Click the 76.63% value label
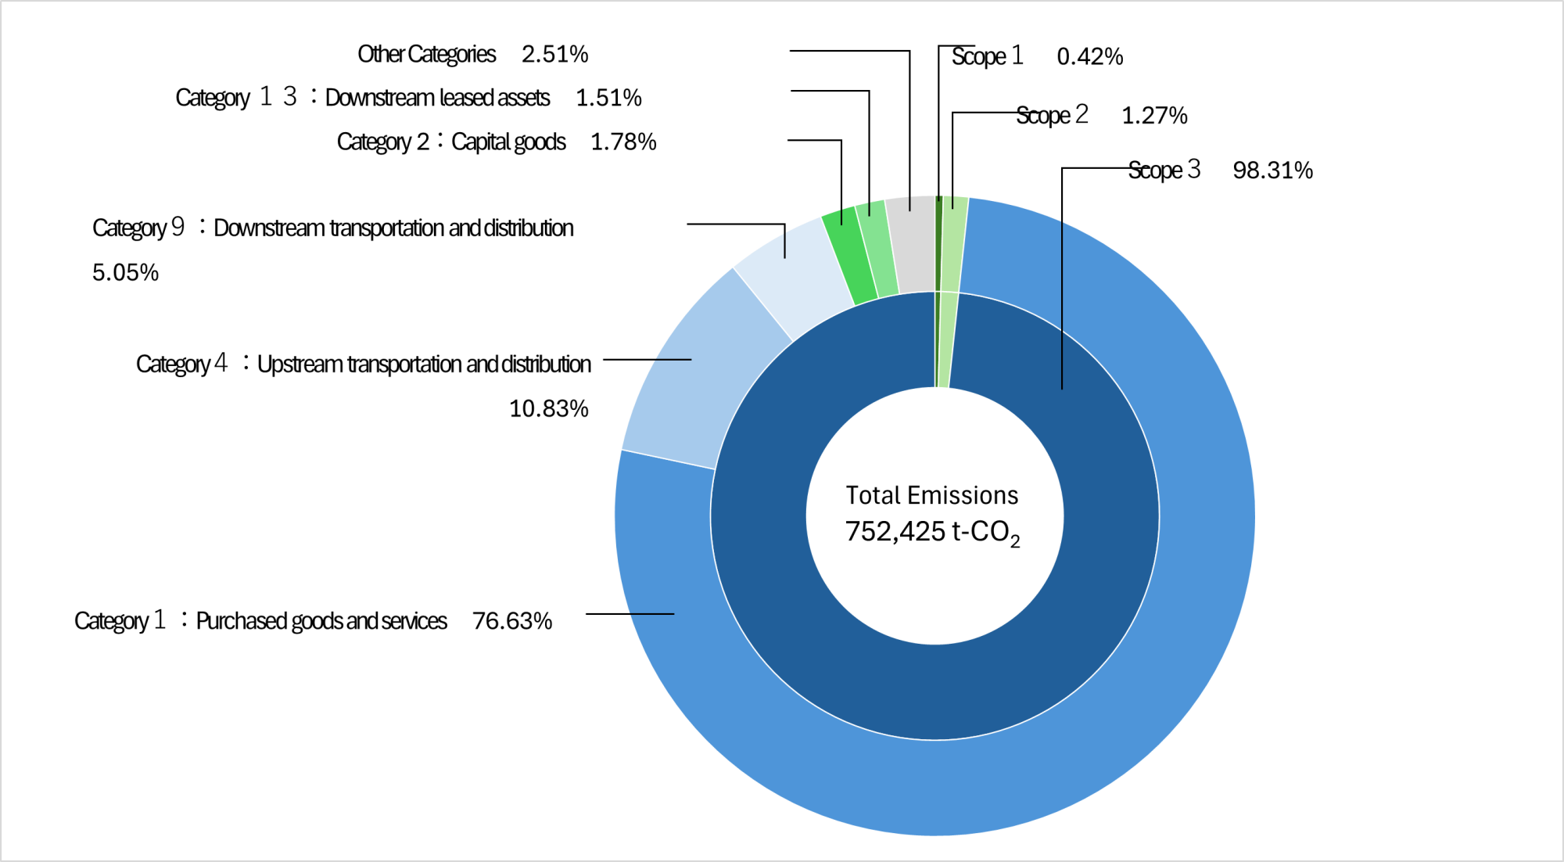click(511, 621)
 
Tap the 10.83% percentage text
click(548, 408)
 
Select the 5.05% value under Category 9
click(125, 272)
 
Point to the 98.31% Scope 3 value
click(1272, 171)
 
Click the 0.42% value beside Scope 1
click(1089, 56)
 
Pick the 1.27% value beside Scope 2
click(1154, 116)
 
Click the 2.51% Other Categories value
click(554, 54)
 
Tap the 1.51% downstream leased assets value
click(608, 98)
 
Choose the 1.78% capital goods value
click(623, 142)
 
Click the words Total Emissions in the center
click(931, 495)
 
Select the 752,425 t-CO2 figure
click(932, 532)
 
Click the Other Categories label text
click(426, 54)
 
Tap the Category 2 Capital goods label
click(451, 142)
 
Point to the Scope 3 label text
click(1164, 170)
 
